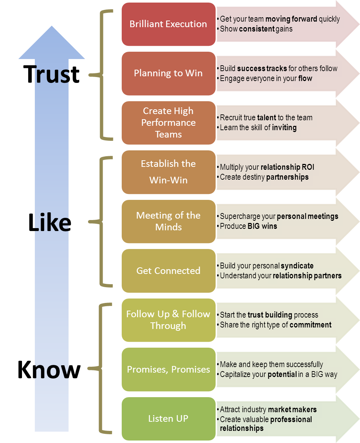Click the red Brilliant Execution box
[x=168, y=24]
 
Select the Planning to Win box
[x=168, y=73]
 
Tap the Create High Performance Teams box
[x=168, y=122]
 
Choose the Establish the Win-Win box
[x=168, y=172]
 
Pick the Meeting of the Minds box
[x=168, y=221]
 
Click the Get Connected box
[x=168, y=271]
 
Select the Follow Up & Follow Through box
[x=168, y=320]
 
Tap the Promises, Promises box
[x=168, y=369]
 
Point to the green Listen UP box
[x=168, y=418]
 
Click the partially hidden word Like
[x=51, y=223]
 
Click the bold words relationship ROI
[x=287, y=167]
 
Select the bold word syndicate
[x=297, y=266]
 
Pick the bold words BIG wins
[x=262, y=226]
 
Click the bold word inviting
[x=284, y=128]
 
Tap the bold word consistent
[x=256, y=29]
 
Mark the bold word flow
[x=305, y=78]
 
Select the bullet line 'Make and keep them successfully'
[x=271, y=365]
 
